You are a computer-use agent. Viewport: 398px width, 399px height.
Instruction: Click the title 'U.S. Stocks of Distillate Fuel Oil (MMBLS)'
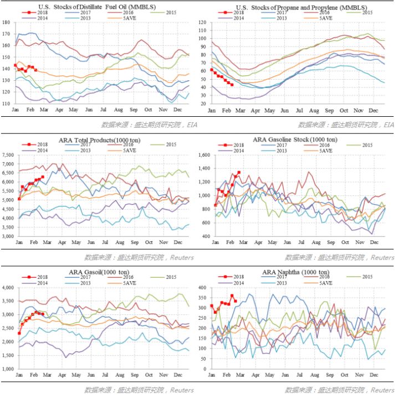[96, 7]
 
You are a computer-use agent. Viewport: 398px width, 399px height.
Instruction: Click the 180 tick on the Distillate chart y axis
[7, 23]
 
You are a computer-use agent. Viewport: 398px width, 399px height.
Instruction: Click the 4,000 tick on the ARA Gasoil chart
[9, 288]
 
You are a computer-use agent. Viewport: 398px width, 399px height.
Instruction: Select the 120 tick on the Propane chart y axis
[202, 23]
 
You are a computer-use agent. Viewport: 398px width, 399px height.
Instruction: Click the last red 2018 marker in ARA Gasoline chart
[239, 172]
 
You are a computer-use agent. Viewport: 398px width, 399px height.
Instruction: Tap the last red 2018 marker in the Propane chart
[232, 85]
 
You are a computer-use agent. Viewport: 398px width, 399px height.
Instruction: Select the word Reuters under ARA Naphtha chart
[382, 390]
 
